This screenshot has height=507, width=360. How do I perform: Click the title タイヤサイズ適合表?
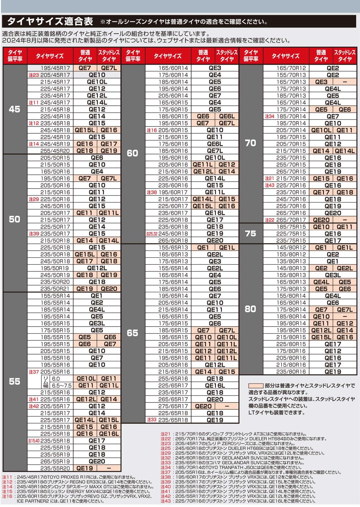point(50,21)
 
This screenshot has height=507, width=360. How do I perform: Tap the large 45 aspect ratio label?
point(15,109)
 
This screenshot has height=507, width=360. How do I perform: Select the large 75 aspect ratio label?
point(250,234)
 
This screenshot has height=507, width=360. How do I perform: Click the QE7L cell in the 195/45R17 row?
point(109,68)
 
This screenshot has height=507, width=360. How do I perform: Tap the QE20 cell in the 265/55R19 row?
point(97,461)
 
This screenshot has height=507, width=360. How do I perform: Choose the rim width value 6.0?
point(56,379)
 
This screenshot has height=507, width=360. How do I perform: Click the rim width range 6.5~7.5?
point(62,386)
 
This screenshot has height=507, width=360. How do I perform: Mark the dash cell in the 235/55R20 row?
point(109,468)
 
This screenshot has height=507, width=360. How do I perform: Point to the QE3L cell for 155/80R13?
point(333,275)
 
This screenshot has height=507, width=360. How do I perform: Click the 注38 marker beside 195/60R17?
point(152,192)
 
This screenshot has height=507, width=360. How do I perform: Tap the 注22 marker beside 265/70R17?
point(270,220)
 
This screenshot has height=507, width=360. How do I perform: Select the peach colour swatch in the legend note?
point(256,386)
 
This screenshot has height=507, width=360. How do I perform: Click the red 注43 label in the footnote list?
point(165,501)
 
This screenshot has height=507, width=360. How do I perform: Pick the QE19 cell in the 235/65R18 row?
point(215,420)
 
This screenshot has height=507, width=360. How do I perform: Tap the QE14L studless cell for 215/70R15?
point(344,151)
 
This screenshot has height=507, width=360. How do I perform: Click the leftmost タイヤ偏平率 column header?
point(15,56)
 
